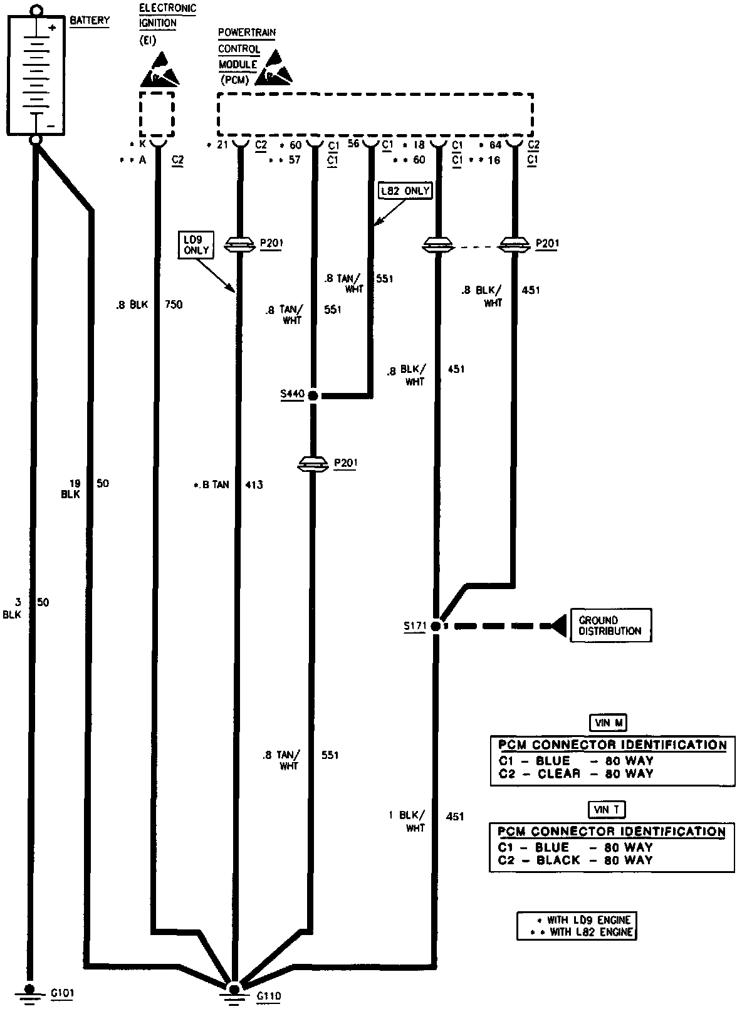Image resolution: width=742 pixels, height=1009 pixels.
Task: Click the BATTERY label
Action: coord(90,21)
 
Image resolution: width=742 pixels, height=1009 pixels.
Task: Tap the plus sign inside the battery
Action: coord(53,28)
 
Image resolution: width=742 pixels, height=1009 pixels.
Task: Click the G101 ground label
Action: coord(63,993)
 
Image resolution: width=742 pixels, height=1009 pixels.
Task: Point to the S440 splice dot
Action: coord(311,395)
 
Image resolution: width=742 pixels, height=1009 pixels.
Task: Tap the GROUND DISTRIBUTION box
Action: coord(610,625)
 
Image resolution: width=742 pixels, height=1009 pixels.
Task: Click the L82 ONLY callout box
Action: coord(406,191)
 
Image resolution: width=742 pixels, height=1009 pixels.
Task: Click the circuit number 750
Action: coord(174,305)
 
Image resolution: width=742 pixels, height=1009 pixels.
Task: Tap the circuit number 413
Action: coord(253,484)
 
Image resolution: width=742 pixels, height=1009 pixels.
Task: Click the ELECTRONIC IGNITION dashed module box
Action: coord(156,114)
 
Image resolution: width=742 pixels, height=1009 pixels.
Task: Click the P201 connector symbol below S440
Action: coord(311,464)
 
